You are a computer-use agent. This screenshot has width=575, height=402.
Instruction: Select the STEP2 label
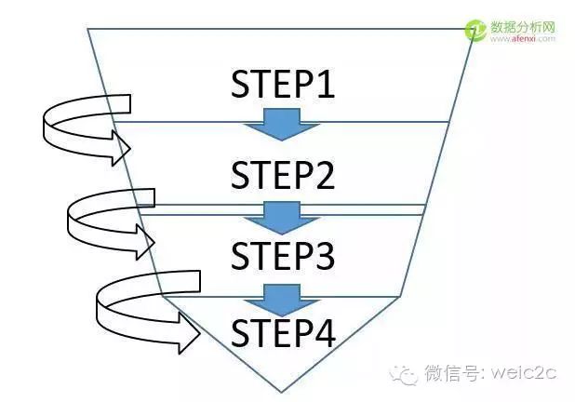282,174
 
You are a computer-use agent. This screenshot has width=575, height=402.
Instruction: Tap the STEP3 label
282,254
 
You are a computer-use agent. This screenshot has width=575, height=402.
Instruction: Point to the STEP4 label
282,331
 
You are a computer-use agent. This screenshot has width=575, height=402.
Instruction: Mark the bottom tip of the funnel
272,387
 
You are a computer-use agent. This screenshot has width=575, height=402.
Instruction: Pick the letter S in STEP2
241,174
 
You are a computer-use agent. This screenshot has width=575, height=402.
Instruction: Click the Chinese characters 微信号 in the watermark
450,374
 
